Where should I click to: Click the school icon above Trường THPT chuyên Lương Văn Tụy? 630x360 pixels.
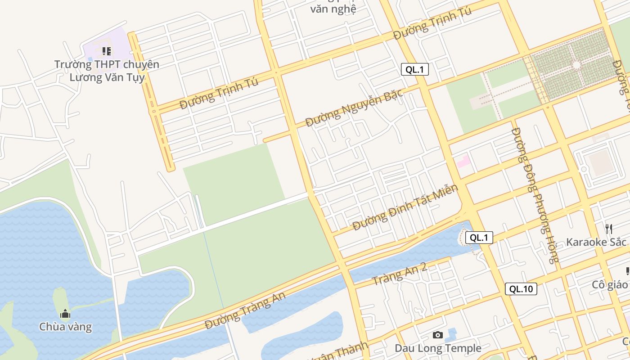[x=106, y=51]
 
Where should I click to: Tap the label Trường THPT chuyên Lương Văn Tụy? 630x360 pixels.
[x=107, y=71]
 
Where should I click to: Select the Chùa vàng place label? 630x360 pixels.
[x=65, y=327]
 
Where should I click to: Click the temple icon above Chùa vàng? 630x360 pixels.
[x=65, y=314]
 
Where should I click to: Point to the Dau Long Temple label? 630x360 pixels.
[x=438, y=348]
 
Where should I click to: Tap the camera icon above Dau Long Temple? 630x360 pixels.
[x=437, y=335]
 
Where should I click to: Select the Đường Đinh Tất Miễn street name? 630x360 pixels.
[x=405, y=207]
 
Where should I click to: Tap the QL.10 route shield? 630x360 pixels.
[x=521, y=289]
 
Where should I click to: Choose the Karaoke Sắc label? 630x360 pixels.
[x=596, y=242]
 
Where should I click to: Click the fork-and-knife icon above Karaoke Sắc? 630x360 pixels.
[x=609, y=229]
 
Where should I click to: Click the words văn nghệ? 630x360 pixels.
[x=333, y=9]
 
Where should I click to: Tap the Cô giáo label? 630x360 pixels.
[x=610, y=285]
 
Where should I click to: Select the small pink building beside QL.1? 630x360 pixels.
[x=463, y=161]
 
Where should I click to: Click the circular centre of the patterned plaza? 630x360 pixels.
[x=576, y=66]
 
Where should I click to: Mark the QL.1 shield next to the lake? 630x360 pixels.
[x=479, y=238]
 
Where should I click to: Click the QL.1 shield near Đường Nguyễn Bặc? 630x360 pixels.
[x=414, y=69]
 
